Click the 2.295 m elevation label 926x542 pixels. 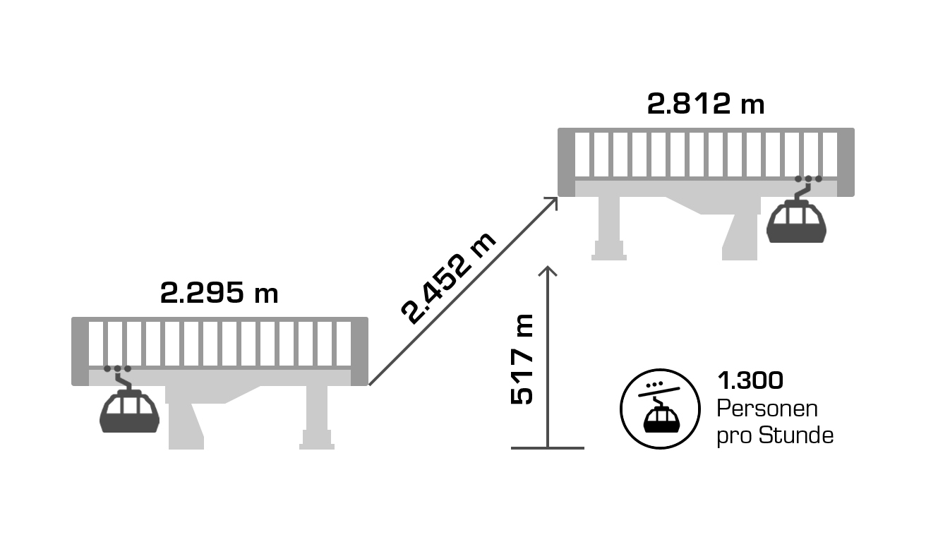coord(219,293)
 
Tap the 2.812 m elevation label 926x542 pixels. coord(706,104)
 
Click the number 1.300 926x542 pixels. coord(750,380)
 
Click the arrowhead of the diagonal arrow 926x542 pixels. coord(552,203)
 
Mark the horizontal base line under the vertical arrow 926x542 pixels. coord(548,447)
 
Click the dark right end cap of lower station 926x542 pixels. coord(360,351)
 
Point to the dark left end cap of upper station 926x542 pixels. coord(566,162)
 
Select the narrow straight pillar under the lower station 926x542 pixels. coord(317,417)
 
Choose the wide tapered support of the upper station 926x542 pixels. coord(741,229)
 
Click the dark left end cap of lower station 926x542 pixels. coord(79,351)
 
